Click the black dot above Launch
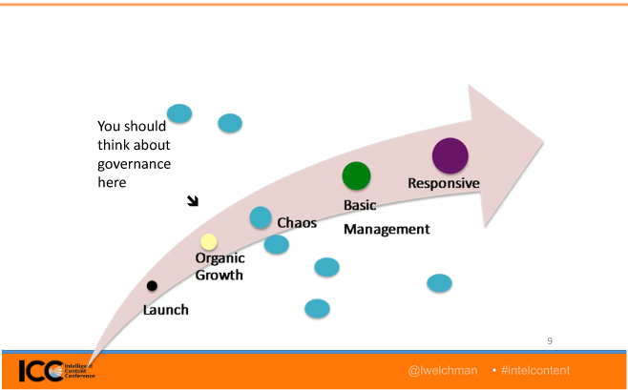[152, 285]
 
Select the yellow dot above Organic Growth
[208, 242]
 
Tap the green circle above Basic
[356, 175]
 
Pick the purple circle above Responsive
[450, 155]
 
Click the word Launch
[166, 310]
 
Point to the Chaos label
[297, 222]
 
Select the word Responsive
[443, 183]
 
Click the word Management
[387, 230]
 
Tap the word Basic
[362, 205]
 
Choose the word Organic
[220, 258]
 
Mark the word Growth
[220, 276]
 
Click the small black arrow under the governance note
[193, 200]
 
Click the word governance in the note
[134, 163]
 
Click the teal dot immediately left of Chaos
[261, 217]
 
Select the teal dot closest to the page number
[439, 282]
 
